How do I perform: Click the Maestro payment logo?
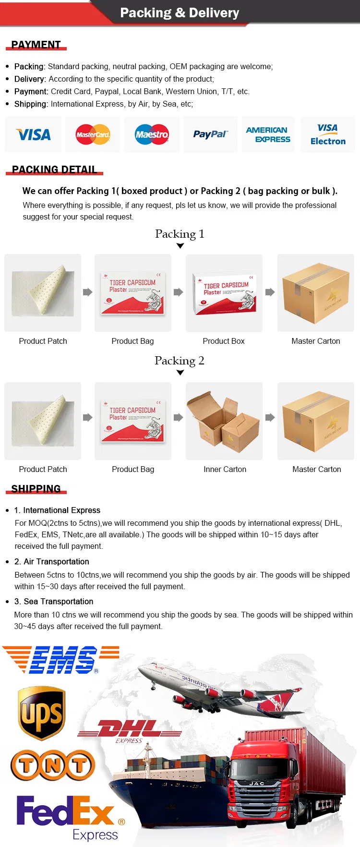(x=152, y=134)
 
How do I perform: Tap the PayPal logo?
(x=210, y=134)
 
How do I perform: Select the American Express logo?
(x=268, y=134)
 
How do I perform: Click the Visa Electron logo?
(x=328, y=134)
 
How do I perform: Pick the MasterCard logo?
(x=93, y=134)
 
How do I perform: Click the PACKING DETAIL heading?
(x=54, y=169)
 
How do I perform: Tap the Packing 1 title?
(x=180, y=234)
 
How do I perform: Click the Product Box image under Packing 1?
(x=224, y=293)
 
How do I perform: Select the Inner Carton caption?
(x=225, y=469)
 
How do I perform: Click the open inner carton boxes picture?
(x=224, y=421)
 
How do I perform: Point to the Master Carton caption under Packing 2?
(x=316, y=469)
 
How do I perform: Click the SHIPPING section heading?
(x=36, y=489)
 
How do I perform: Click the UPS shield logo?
(x=41, y=713)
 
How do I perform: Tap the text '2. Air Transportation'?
(x=56, y=561)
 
